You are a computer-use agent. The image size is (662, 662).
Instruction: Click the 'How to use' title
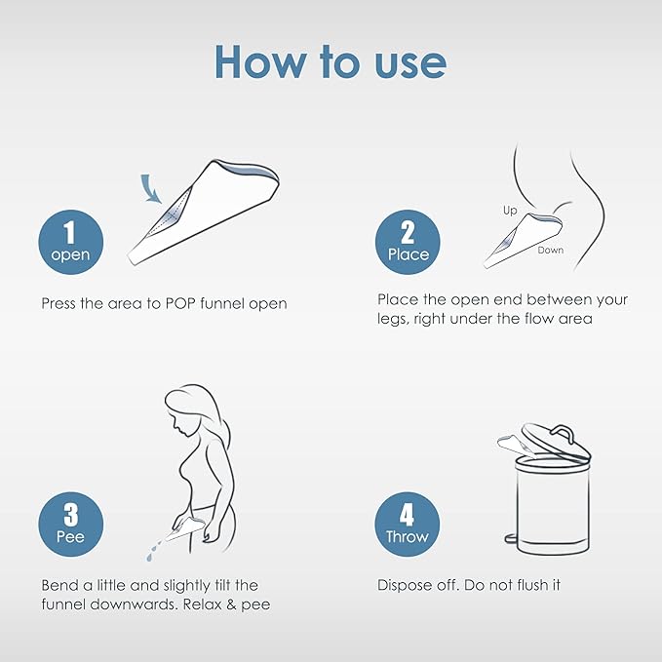(331, 61)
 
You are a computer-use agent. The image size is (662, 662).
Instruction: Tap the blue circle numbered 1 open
(71, 243)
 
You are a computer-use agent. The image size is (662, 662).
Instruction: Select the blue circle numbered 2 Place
(408, 243)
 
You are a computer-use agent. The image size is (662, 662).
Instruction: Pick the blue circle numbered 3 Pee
(71, 525)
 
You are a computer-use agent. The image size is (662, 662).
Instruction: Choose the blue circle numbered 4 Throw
(408, 525)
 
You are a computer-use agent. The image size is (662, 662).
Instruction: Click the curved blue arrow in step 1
(149, 188)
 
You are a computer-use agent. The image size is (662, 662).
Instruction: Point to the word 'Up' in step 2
(510, 211)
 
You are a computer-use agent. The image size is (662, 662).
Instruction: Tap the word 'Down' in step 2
(551, 250)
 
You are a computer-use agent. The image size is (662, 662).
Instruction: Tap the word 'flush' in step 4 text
(515, 585)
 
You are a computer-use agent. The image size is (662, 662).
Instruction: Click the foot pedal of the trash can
(511, 538)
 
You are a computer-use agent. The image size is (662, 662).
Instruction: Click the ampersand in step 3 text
(231, 604)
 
